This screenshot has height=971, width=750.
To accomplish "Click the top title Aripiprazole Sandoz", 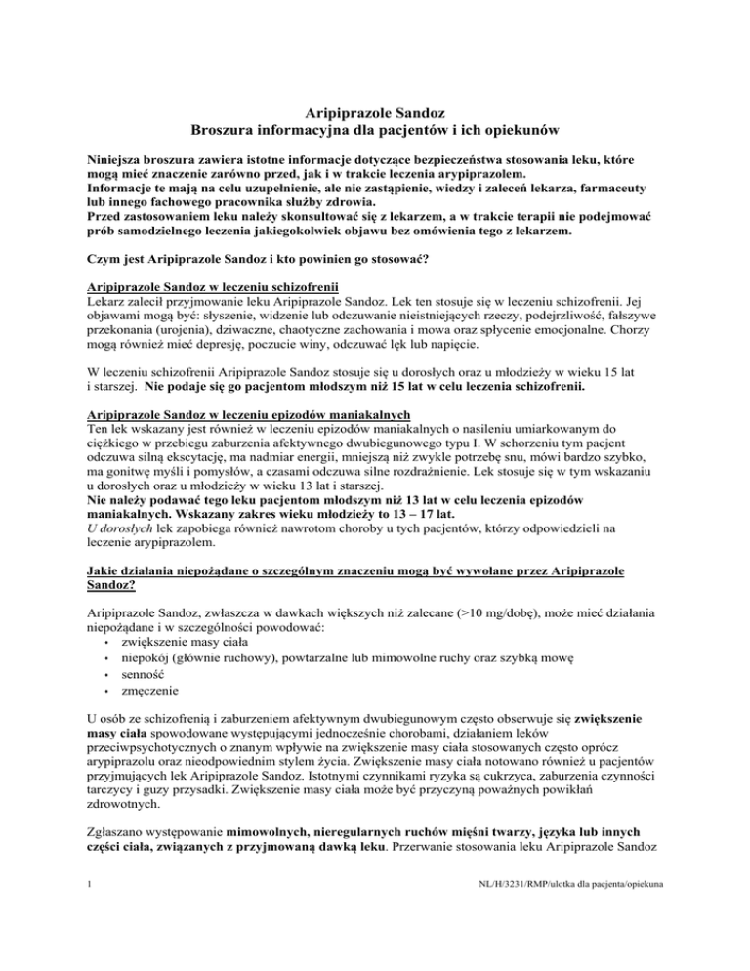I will point(375,116).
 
